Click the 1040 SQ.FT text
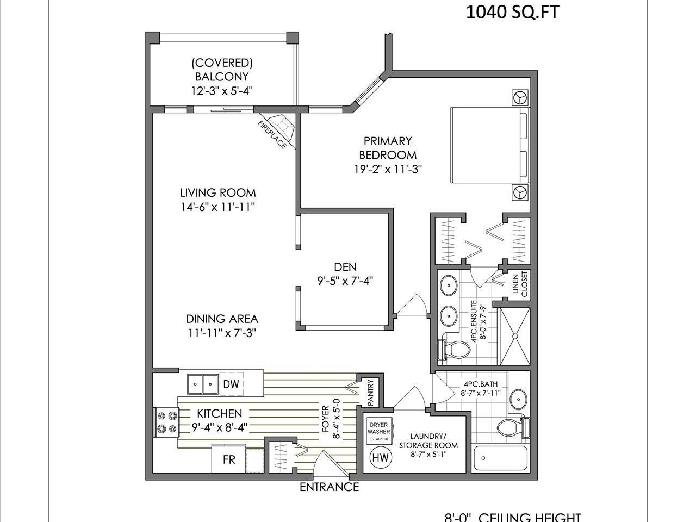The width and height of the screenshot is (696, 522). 512,11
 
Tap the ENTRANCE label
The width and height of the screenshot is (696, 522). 329,487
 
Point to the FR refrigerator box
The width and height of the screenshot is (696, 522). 229,459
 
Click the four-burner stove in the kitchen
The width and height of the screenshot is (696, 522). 166,422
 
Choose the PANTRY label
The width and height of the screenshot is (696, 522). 371,392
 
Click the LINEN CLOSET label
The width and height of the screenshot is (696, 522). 520,284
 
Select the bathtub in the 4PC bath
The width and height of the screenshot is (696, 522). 501,459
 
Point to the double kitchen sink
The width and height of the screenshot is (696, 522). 202,384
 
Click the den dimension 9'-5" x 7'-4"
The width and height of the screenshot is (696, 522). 345,281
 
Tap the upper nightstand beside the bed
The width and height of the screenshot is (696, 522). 520,97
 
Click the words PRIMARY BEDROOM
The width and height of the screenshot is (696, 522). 388,148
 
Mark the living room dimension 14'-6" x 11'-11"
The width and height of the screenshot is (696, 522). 218,207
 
